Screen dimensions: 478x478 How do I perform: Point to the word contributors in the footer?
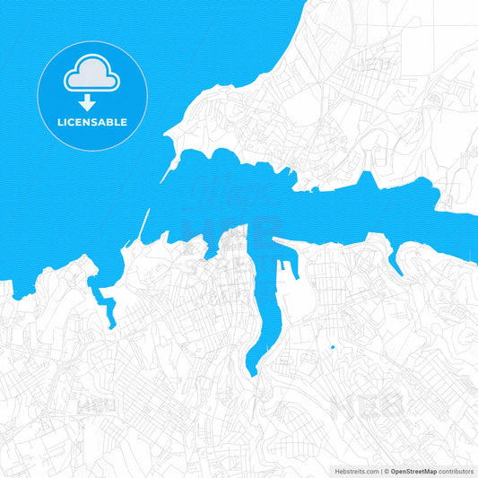(456, 470)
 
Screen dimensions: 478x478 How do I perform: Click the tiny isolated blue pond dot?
(332, 347)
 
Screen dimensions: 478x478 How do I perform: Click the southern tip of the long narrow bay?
(251, 370)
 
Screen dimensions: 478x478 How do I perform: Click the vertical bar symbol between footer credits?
(381, 470)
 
